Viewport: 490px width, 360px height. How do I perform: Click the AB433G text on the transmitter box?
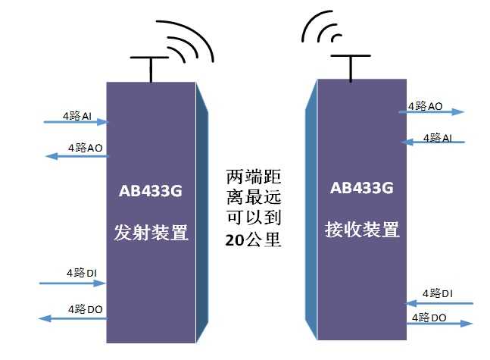[x=150, y=190]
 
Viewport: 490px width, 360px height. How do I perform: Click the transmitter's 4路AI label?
[x=77, y=116]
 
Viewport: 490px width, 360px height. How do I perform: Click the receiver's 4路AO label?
[x=425, y=106]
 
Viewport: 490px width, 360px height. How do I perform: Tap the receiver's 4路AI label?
[x=438, y=137]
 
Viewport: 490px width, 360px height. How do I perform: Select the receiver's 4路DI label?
[x=438, y=293]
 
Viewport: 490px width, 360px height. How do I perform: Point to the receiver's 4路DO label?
[x=428, y=316]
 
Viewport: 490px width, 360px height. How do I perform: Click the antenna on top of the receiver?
[x=350, y=65]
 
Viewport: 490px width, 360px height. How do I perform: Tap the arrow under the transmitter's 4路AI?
[x=76, y=122]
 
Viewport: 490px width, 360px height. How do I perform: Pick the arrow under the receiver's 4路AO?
[x=431, y=112]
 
